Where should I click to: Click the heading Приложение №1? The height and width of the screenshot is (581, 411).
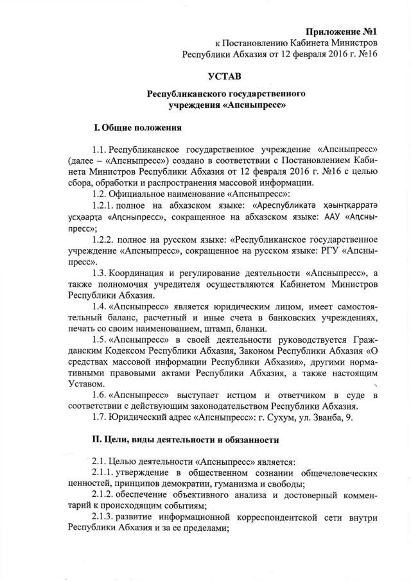(x=340, y=30)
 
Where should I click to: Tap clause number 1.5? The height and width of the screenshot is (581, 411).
(x=100, y=339)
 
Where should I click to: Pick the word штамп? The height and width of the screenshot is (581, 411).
(x=222, y=327)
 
